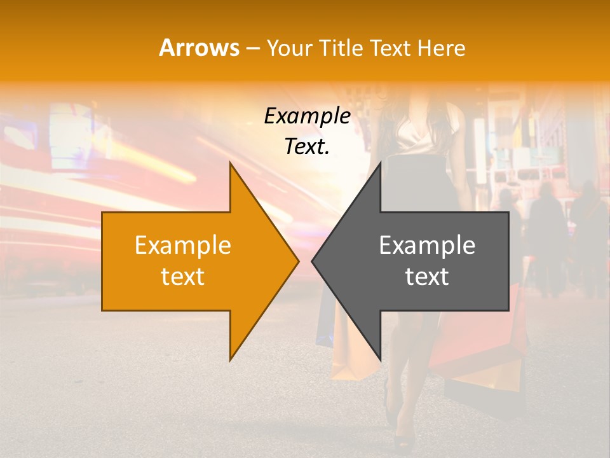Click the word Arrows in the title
click(199, 48)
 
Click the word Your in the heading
click(290, 48)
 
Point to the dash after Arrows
click(252, 48)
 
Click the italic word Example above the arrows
click(307, 116)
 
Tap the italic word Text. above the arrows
click(307, 147)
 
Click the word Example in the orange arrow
click(183, 246)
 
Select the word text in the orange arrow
click(183, 277)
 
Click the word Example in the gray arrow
click(427, 246)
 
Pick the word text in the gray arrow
click(427, 277)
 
